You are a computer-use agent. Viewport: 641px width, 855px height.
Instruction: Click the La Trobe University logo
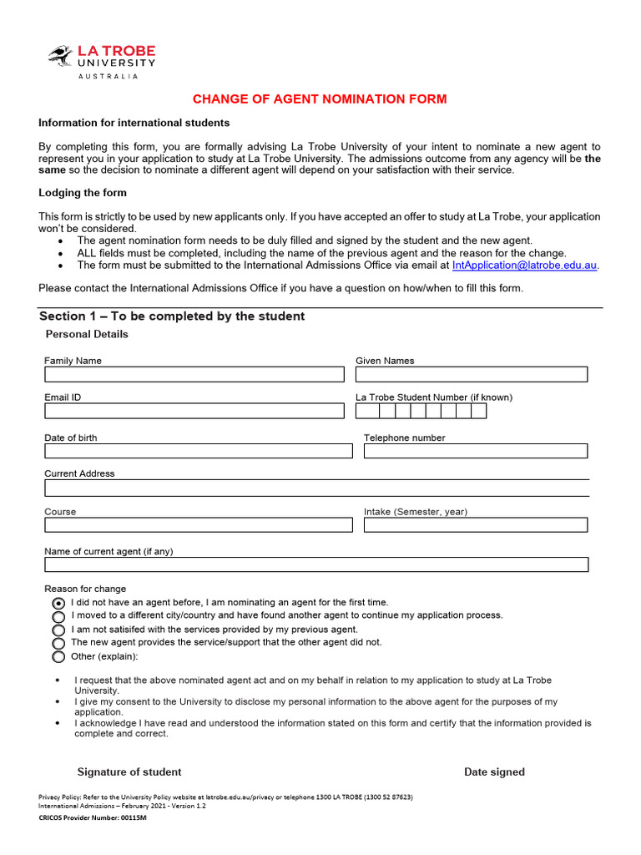coord(101,62)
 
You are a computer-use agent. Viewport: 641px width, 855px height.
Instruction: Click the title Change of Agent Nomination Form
coord(320,99)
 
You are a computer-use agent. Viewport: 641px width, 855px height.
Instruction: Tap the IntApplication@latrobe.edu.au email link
coord(525,266)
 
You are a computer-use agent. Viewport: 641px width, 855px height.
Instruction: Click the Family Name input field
coord(194,374)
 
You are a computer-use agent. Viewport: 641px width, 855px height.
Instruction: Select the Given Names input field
coord(472,374)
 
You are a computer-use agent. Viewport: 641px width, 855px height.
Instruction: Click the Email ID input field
coord(194,411)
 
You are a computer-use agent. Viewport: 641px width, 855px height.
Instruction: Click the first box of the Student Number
coord(364,411)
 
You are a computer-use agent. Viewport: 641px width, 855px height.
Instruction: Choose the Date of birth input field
coord(199,451)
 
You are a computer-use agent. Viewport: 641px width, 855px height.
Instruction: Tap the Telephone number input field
coord(476,451)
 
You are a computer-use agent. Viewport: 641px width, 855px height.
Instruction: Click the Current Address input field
coord(317,488)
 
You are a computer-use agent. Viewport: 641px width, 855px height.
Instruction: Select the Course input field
coord(199,525)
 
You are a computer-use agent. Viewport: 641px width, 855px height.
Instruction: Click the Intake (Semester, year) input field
coord(476,525)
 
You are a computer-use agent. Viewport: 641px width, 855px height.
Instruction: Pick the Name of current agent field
coord(317,564)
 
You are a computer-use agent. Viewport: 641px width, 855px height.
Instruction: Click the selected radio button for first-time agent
coord(58,603)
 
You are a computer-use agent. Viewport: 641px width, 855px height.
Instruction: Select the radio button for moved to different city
coord(58,616)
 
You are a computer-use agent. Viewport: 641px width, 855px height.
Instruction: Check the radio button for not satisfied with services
coord(58,630)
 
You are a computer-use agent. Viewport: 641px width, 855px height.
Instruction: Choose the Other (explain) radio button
coord(58,657)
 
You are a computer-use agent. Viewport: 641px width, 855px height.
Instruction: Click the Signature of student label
coord(129,772)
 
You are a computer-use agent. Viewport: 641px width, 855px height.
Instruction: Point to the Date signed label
coord(494,772)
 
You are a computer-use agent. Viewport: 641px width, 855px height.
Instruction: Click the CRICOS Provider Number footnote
coord(93,818)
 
